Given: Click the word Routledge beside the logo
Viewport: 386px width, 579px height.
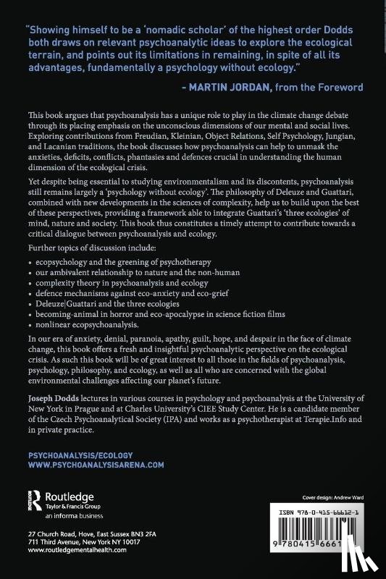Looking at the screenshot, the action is [x=70, y=497].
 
